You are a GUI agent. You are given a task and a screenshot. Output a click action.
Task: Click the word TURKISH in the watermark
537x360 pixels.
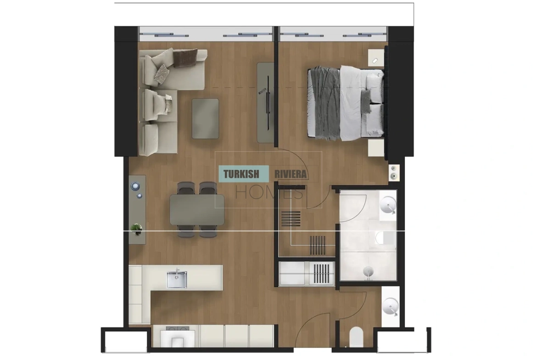(241, 174)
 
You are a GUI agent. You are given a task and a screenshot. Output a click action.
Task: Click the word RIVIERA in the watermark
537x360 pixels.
(291, 174)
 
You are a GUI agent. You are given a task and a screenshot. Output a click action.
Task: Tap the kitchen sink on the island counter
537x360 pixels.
(177, 278)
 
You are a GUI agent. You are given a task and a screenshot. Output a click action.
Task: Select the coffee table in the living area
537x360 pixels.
(205, 118)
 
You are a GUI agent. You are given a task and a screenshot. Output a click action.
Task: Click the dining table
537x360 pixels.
(197, 210)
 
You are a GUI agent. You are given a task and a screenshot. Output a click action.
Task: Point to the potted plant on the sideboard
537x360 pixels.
(136, 229)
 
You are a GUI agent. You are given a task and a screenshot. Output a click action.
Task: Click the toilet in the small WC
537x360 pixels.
(356, 337)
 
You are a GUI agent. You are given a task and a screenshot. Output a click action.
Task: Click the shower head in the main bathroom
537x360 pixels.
(368, 271)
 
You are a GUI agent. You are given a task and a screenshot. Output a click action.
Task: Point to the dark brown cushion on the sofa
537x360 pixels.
(185, 57)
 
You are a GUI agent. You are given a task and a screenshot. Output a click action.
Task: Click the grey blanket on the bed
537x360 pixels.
(324, 103)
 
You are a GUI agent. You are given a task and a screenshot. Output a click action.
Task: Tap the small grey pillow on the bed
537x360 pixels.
(366, 101)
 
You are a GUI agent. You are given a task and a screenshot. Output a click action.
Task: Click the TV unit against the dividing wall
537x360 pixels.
(266, 102)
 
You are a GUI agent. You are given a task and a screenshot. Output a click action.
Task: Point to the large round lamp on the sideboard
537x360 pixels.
(135, 186)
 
